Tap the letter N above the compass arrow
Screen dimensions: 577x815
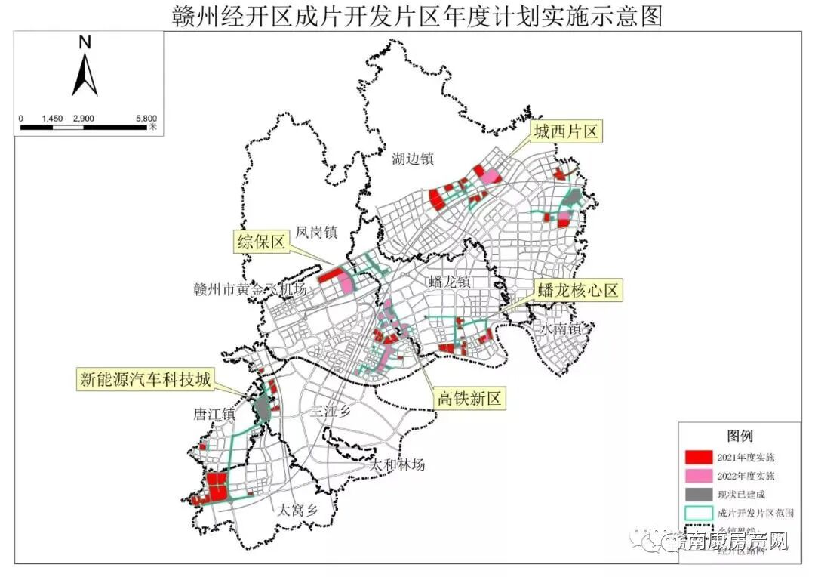click(85, 43)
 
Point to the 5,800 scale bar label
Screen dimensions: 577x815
click(146, 119)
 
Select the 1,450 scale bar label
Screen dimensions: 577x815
click(52, 119)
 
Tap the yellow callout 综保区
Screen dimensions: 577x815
click(260, 242)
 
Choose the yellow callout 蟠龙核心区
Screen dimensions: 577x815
click(579, 291)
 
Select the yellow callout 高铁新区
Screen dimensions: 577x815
click(469, 399)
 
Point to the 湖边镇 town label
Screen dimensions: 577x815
click(413, 159)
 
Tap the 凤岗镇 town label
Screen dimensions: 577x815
click(316, 233)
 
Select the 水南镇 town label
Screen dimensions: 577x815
click(558, 329)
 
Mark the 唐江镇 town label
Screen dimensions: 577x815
click(214, 415)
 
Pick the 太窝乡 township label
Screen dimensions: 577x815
click(297, 510)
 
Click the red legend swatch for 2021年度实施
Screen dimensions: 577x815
click(698, 457)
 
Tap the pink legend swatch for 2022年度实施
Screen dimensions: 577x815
click(698, 476)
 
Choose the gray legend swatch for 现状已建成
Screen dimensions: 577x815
click(698, 495)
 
